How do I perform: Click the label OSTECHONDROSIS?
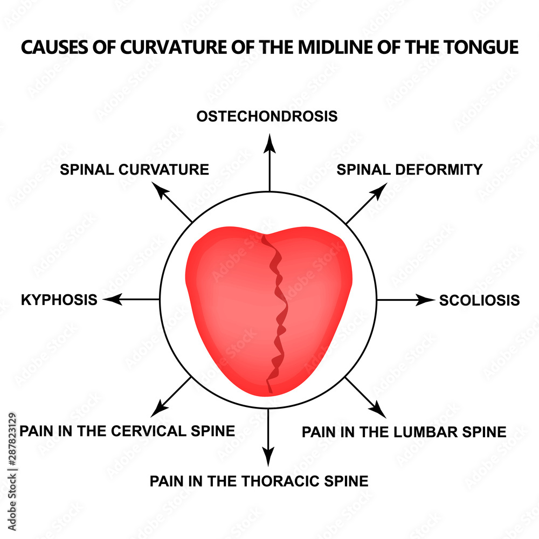coord(267,116)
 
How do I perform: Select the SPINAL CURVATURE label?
coord(134,169)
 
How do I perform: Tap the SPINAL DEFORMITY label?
coord(410,169)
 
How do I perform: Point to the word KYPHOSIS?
coord(59,300)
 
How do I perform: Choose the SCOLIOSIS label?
coord(479,300)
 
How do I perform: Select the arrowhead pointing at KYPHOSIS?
coord(110,299)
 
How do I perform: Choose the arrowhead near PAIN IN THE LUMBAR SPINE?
coord(381,411)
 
